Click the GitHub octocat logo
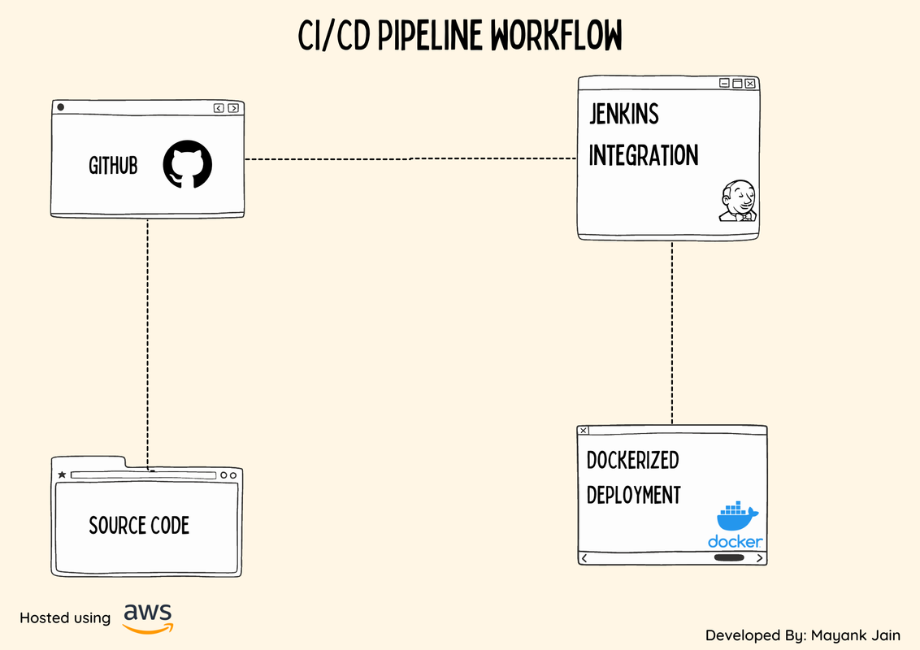click(187, 165)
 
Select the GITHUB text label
click(113, 166)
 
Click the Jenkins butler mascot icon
click(738, 201)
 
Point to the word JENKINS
click(623, 115)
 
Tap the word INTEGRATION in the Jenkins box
click(643, 155)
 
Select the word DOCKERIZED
click(632, 461)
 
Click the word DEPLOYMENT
click(633, 495)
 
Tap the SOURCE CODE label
click(139, 526)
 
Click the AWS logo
click(148, 617)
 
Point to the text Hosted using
click(65, 618)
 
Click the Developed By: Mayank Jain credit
click(802, 635)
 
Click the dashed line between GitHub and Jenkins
click(410, 158)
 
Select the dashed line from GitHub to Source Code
click(147, 341)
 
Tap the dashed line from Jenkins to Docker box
click(672, 333)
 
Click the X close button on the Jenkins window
click(750, 83)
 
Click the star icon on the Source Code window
click(62, 474)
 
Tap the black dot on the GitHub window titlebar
click(60, 107)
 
